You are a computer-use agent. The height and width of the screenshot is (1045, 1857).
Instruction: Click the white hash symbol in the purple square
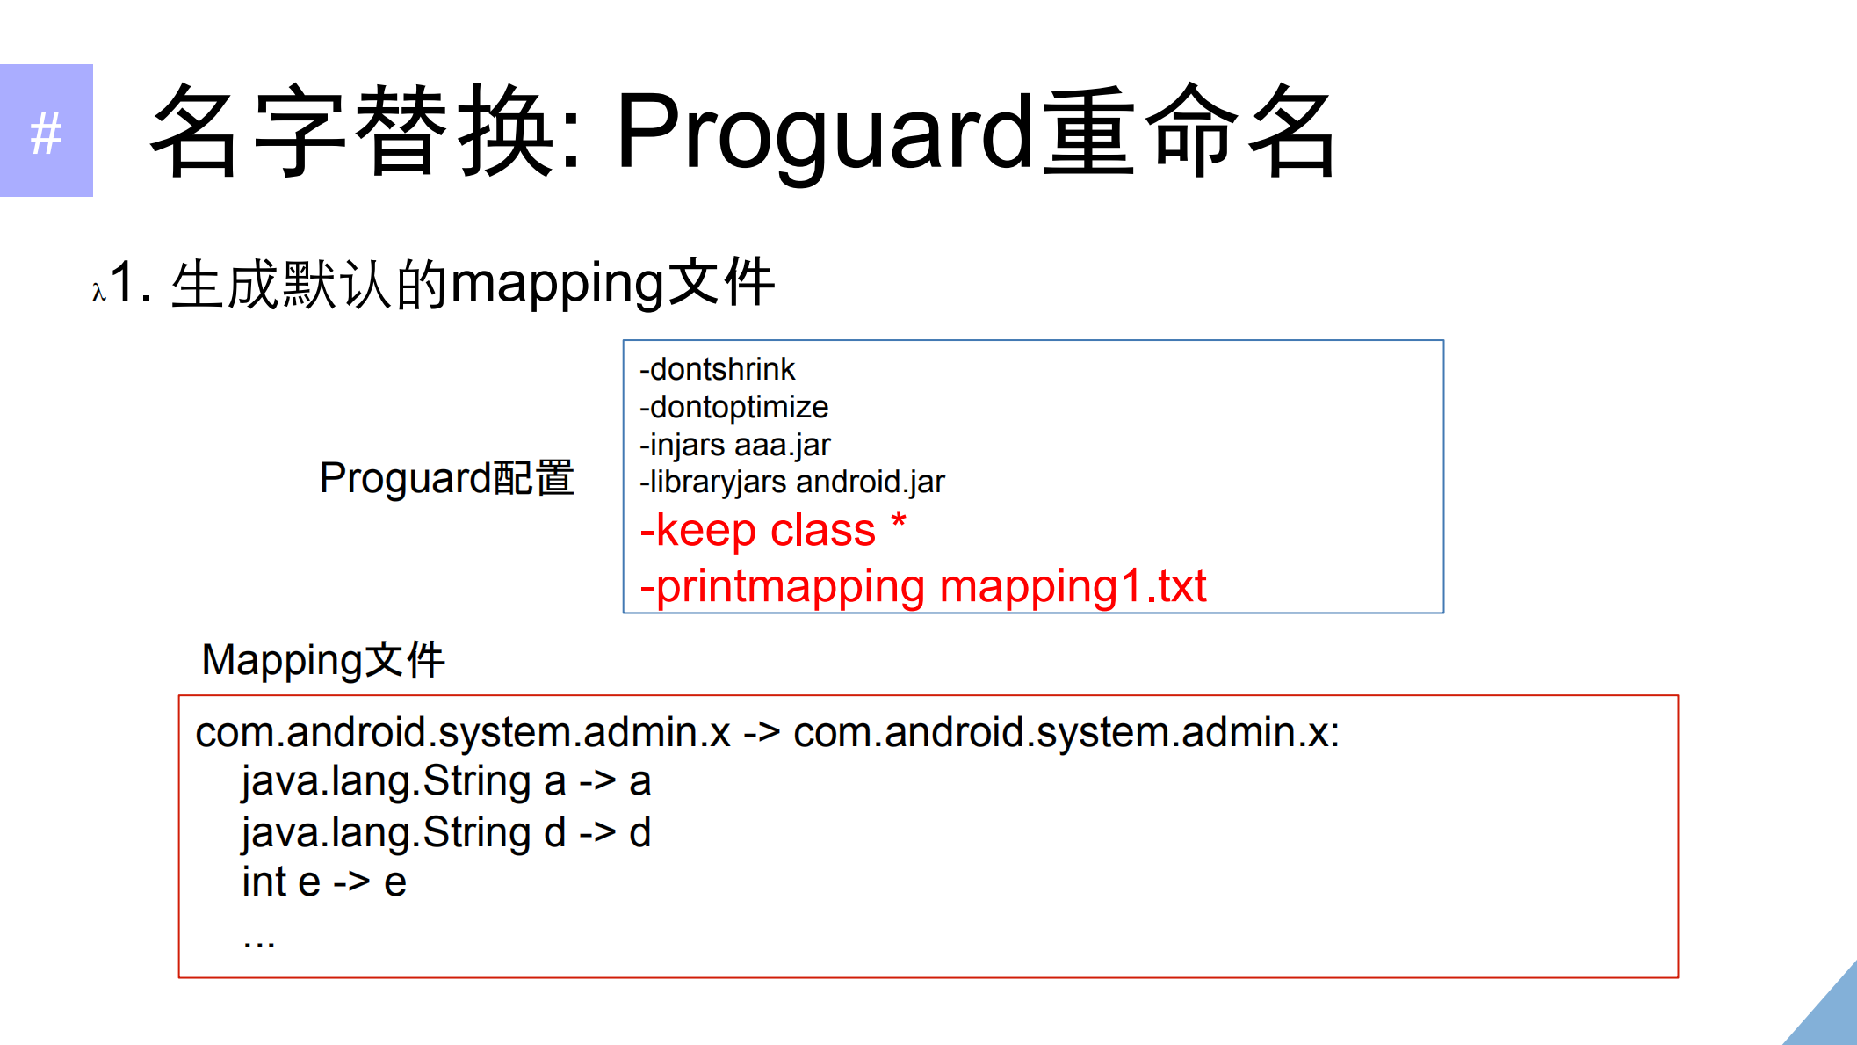46,134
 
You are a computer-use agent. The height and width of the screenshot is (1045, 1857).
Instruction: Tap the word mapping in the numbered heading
556,285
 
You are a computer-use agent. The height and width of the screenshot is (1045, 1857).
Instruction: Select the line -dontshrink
717,369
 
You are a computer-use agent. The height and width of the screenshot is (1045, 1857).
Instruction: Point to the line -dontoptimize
733,407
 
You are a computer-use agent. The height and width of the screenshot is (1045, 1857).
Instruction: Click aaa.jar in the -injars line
783,445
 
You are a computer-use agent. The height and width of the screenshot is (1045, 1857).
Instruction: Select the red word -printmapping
783,587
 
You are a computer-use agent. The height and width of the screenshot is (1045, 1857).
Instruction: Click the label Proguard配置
446,478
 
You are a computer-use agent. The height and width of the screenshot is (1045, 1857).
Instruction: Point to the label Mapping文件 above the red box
323,660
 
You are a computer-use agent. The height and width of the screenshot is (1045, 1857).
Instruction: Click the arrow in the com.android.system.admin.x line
762,733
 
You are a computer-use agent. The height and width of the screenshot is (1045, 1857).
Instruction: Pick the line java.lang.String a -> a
446,781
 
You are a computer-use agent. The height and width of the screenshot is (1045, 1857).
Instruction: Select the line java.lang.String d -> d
446,832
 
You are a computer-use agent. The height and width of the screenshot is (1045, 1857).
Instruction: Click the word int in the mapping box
264,882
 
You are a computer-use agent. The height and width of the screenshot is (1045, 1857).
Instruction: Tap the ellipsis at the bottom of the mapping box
259,942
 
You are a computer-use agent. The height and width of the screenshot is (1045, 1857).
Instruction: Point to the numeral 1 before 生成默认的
122,283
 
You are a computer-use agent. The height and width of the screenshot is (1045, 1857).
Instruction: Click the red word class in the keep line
822,530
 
